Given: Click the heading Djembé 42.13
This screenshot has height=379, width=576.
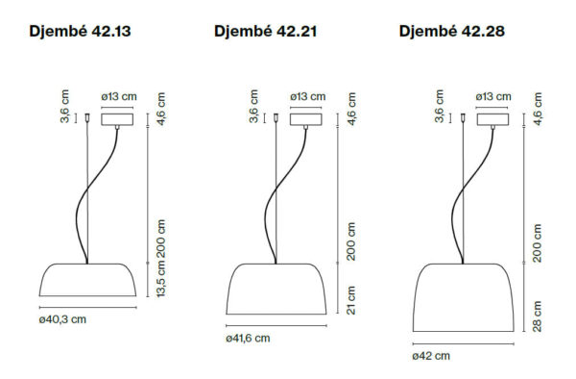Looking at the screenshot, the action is click(80, 32).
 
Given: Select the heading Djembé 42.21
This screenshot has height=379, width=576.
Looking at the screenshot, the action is click(265, 32).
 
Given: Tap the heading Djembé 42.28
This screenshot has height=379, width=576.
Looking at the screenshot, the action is click(452, 32).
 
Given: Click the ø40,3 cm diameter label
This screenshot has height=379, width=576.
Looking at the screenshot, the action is click(62, 319).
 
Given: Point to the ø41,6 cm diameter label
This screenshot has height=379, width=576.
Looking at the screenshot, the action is click(248, 339).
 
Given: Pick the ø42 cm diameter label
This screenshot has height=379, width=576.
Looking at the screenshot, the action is click(431, 356).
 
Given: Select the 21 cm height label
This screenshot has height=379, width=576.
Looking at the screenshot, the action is click(350, 300).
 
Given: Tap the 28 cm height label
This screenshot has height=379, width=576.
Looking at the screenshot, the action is click(537, 316).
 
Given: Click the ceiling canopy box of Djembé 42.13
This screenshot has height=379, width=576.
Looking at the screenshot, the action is click(117, 119).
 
